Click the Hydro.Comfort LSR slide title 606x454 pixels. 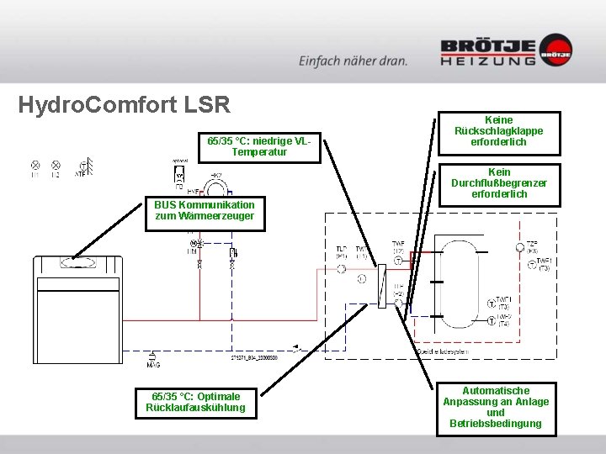(x=124, y=105)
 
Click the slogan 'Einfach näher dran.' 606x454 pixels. (x=353, y=60)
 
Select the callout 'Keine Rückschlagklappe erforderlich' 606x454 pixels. (x=498, y=130)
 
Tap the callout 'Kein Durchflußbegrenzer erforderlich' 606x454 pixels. (x=498, y=183)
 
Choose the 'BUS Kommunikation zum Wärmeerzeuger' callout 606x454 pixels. (x=205, y=210)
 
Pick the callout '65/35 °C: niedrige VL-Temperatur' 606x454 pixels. (x=259, y=146)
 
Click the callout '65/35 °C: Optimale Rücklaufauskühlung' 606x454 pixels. (x=196, y=402)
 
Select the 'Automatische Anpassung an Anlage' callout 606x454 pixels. (x=496, y=407)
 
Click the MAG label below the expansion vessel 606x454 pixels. (x=153, y=365)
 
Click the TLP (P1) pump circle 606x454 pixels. (x=342, y=268)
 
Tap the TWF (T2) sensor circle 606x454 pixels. (x=398, y=261)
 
